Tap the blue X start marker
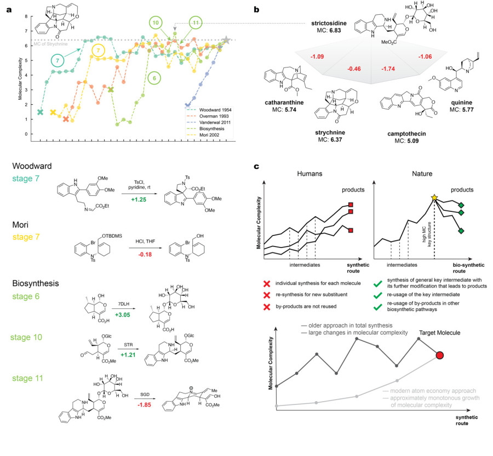click(x=188, y=105)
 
